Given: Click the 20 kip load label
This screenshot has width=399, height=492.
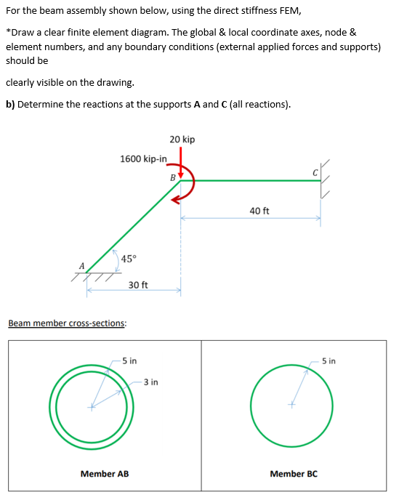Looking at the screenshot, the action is pyautogui.click(x=182, y=140).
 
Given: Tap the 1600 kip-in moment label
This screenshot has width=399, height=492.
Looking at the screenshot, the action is pyautogui.click(x=144, y=158).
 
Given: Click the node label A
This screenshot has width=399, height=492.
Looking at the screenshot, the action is pyautogui.click(x=82, y=265).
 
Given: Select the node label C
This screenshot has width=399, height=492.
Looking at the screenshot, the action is pyautogui.click(x=314, y=172).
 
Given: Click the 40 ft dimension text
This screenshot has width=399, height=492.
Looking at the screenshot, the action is pyautogui.click(x=259, y=211).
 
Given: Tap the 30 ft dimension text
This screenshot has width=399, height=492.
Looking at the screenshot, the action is pyautogui.click(x=138, y=284).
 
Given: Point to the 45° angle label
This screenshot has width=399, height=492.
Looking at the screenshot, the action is pyautogui.click(x=128, y=259).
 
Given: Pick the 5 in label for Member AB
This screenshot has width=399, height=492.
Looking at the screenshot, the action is pyautogui.click(x=129, y=360).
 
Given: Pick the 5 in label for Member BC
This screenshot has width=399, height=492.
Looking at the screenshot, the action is pyautogui.click(x=329, y=360).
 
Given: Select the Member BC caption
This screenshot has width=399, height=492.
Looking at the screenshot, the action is pyautogui.click(x=294, y=474).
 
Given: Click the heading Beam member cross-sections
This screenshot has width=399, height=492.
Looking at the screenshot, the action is pyautogui.click(x=67, y=323).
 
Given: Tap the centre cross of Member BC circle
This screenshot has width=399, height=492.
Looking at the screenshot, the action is pyautogui.click(x=291, y=405).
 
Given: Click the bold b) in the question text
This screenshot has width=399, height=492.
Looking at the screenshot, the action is pyautogui.click(x=10, y=104).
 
